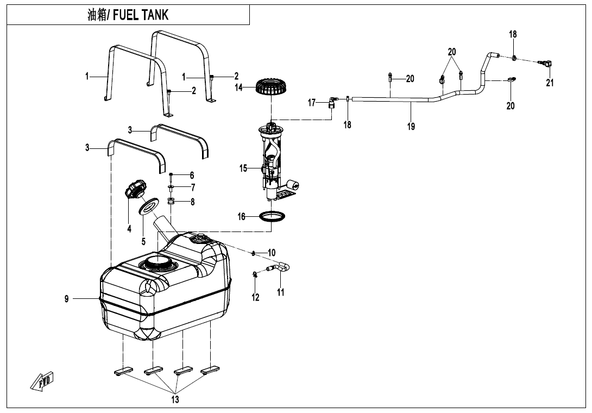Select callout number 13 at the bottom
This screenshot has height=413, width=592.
click(x=175, y=400)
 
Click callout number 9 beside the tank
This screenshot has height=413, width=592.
click(x=67, y=298)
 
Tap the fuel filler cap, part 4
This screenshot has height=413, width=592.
click(x=135, y=191)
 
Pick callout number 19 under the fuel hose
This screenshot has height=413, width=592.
click(x=411, y=126)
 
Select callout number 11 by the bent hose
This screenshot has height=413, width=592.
click(x=281, y=292)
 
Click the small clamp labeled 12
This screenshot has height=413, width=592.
click(x=255, y=275)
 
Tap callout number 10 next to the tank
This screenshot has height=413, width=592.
click(x=272, y=253)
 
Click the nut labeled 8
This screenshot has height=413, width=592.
click(x=171, y=202)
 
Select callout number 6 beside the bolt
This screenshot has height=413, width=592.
click(x=192, y=175)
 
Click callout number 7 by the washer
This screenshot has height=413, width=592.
click(x=192, y=187)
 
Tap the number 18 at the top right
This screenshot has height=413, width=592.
click(x=513, y=34)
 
